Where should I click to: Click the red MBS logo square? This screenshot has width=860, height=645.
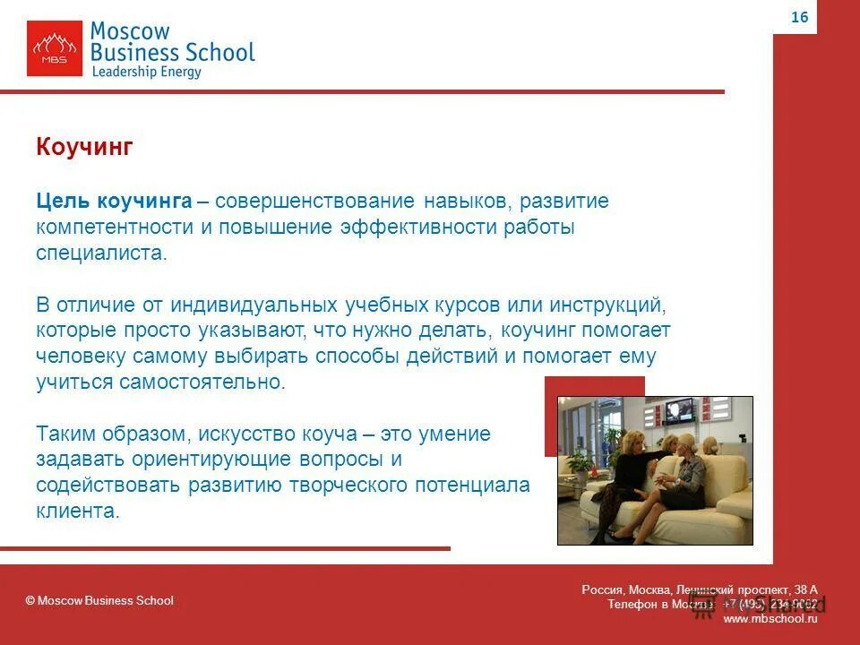pos(54,48)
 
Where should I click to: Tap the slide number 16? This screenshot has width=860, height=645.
pos(799,17)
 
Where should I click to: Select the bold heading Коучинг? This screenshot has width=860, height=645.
pos(84,148)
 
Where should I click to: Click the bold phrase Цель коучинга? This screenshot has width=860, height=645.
pos(114,201)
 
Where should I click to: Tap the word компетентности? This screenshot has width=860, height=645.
pos(115,228)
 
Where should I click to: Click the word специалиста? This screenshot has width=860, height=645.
pos(100,253)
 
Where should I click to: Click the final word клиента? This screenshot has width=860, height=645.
pos(77,512)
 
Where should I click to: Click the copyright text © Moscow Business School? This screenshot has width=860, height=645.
pos(99,600)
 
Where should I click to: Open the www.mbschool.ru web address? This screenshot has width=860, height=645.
pos(770,619)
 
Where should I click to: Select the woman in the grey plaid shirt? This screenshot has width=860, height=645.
pos(686,475)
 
